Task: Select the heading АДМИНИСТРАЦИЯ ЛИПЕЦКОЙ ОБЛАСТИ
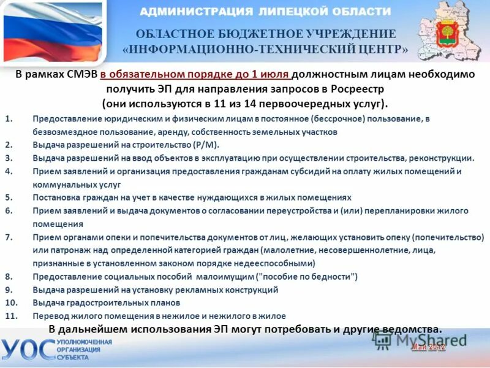click(x=265, y=12)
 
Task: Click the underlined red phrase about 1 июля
click(x=195, y=74)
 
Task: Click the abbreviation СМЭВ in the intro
click(x=83, y=74)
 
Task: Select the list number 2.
click(x=9, y=145)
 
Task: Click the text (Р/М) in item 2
click(x=206, y=145)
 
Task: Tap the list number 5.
click(x=9, y=197)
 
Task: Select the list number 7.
click(x=9, y=237)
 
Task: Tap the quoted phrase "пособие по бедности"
click(x=306, y=277)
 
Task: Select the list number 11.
click(x=10, y=316)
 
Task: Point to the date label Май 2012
click(x=428, y=348)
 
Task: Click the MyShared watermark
click(x=423, y=339)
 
